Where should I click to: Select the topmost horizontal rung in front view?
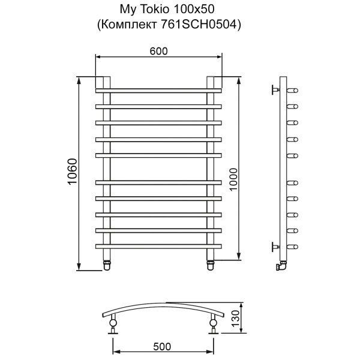[x=158, y=91]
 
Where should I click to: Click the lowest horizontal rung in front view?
[x=158, y=246]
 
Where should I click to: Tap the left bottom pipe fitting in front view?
[x=107, y=262]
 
